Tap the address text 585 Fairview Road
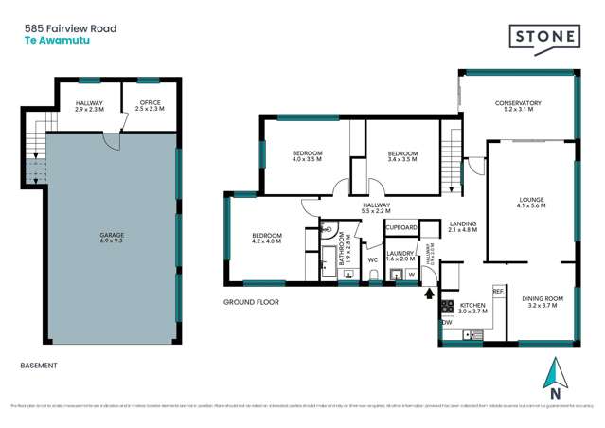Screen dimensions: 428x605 click(x=70, y=29)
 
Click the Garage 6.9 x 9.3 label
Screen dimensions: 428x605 click(x=113, y=238)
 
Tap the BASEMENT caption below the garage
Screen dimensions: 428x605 click(x=39, y=365)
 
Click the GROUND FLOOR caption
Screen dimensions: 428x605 click(x=249, y=302)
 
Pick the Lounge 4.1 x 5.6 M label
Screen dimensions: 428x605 click(x=530, y=203)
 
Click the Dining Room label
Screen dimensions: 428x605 click(x=543, y=302)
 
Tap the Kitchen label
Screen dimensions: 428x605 click(x=472, y=307)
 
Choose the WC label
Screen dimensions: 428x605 click(x=373, y=259)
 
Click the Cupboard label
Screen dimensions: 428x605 click(x=401, y=228)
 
